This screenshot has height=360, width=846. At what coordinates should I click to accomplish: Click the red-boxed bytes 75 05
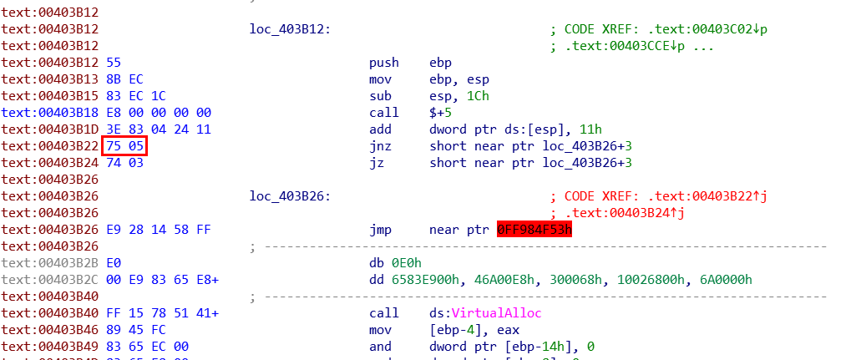[x=124, y=146]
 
